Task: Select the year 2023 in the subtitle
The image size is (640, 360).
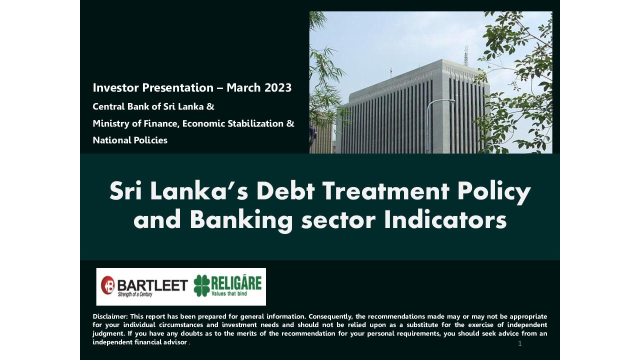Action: [278, 88]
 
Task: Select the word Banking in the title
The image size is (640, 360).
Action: [241, 220]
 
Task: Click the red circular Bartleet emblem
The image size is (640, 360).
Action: [107, 285]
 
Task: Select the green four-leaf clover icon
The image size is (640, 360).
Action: [202, 285]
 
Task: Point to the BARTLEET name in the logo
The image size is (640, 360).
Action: [152, 284]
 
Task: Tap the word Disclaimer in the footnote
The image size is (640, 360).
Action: [110, 316]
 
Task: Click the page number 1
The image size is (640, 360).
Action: [520, 343]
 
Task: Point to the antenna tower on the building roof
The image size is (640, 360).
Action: [466, 55]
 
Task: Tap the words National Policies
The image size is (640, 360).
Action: [130, 140]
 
